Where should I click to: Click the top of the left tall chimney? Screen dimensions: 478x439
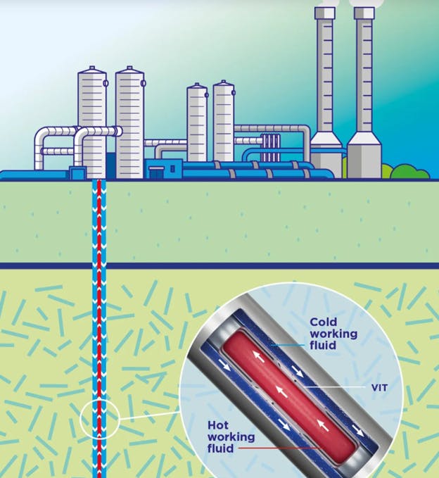(x=325, y=13)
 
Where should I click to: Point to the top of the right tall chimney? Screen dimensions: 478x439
(x=364, y=13)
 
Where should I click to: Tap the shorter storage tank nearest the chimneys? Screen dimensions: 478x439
(x=224, y=120)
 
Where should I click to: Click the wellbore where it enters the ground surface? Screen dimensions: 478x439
(x=98, y=182)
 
